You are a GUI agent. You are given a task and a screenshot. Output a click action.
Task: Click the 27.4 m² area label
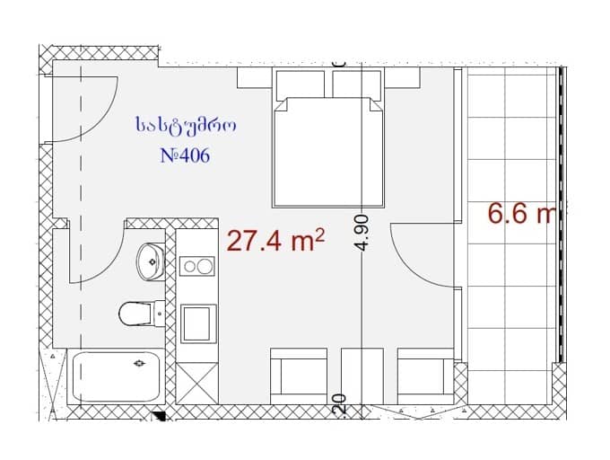click(x=274, y=241)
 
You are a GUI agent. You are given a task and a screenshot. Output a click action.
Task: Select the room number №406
click(x=184, y=155)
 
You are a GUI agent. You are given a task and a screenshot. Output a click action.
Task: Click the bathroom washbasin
click(x=150, y=261)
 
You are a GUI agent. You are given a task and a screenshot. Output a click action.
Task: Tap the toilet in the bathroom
click(x=135, y=313)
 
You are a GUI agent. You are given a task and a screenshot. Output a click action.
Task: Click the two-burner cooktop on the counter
click(x=197, y=266)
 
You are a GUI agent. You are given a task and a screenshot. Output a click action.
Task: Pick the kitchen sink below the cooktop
click(x=198, y=323)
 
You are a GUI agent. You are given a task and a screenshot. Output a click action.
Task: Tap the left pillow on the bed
click(x=301, y=84)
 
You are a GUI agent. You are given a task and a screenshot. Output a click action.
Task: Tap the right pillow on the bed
click(x=356, y=84)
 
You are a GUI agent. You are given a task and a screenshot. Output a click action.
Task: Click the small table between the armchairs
click(x=362, y=377)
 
